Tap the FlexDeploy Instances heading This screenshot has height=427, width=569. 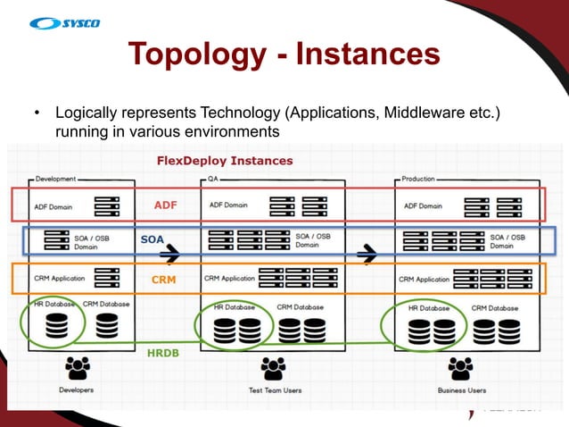(224, 161)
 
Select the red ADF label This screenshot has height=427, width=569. (166, 205)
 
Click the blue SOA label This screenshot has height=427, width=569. (152, 239)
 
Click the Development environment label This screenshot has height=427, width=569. (56, 179)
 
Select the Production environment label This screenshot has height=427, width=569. (418, 179)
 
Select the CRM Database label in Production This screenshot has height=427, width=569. (494, 307)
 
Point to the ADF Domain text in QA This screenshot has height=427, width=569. (228, 205)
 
